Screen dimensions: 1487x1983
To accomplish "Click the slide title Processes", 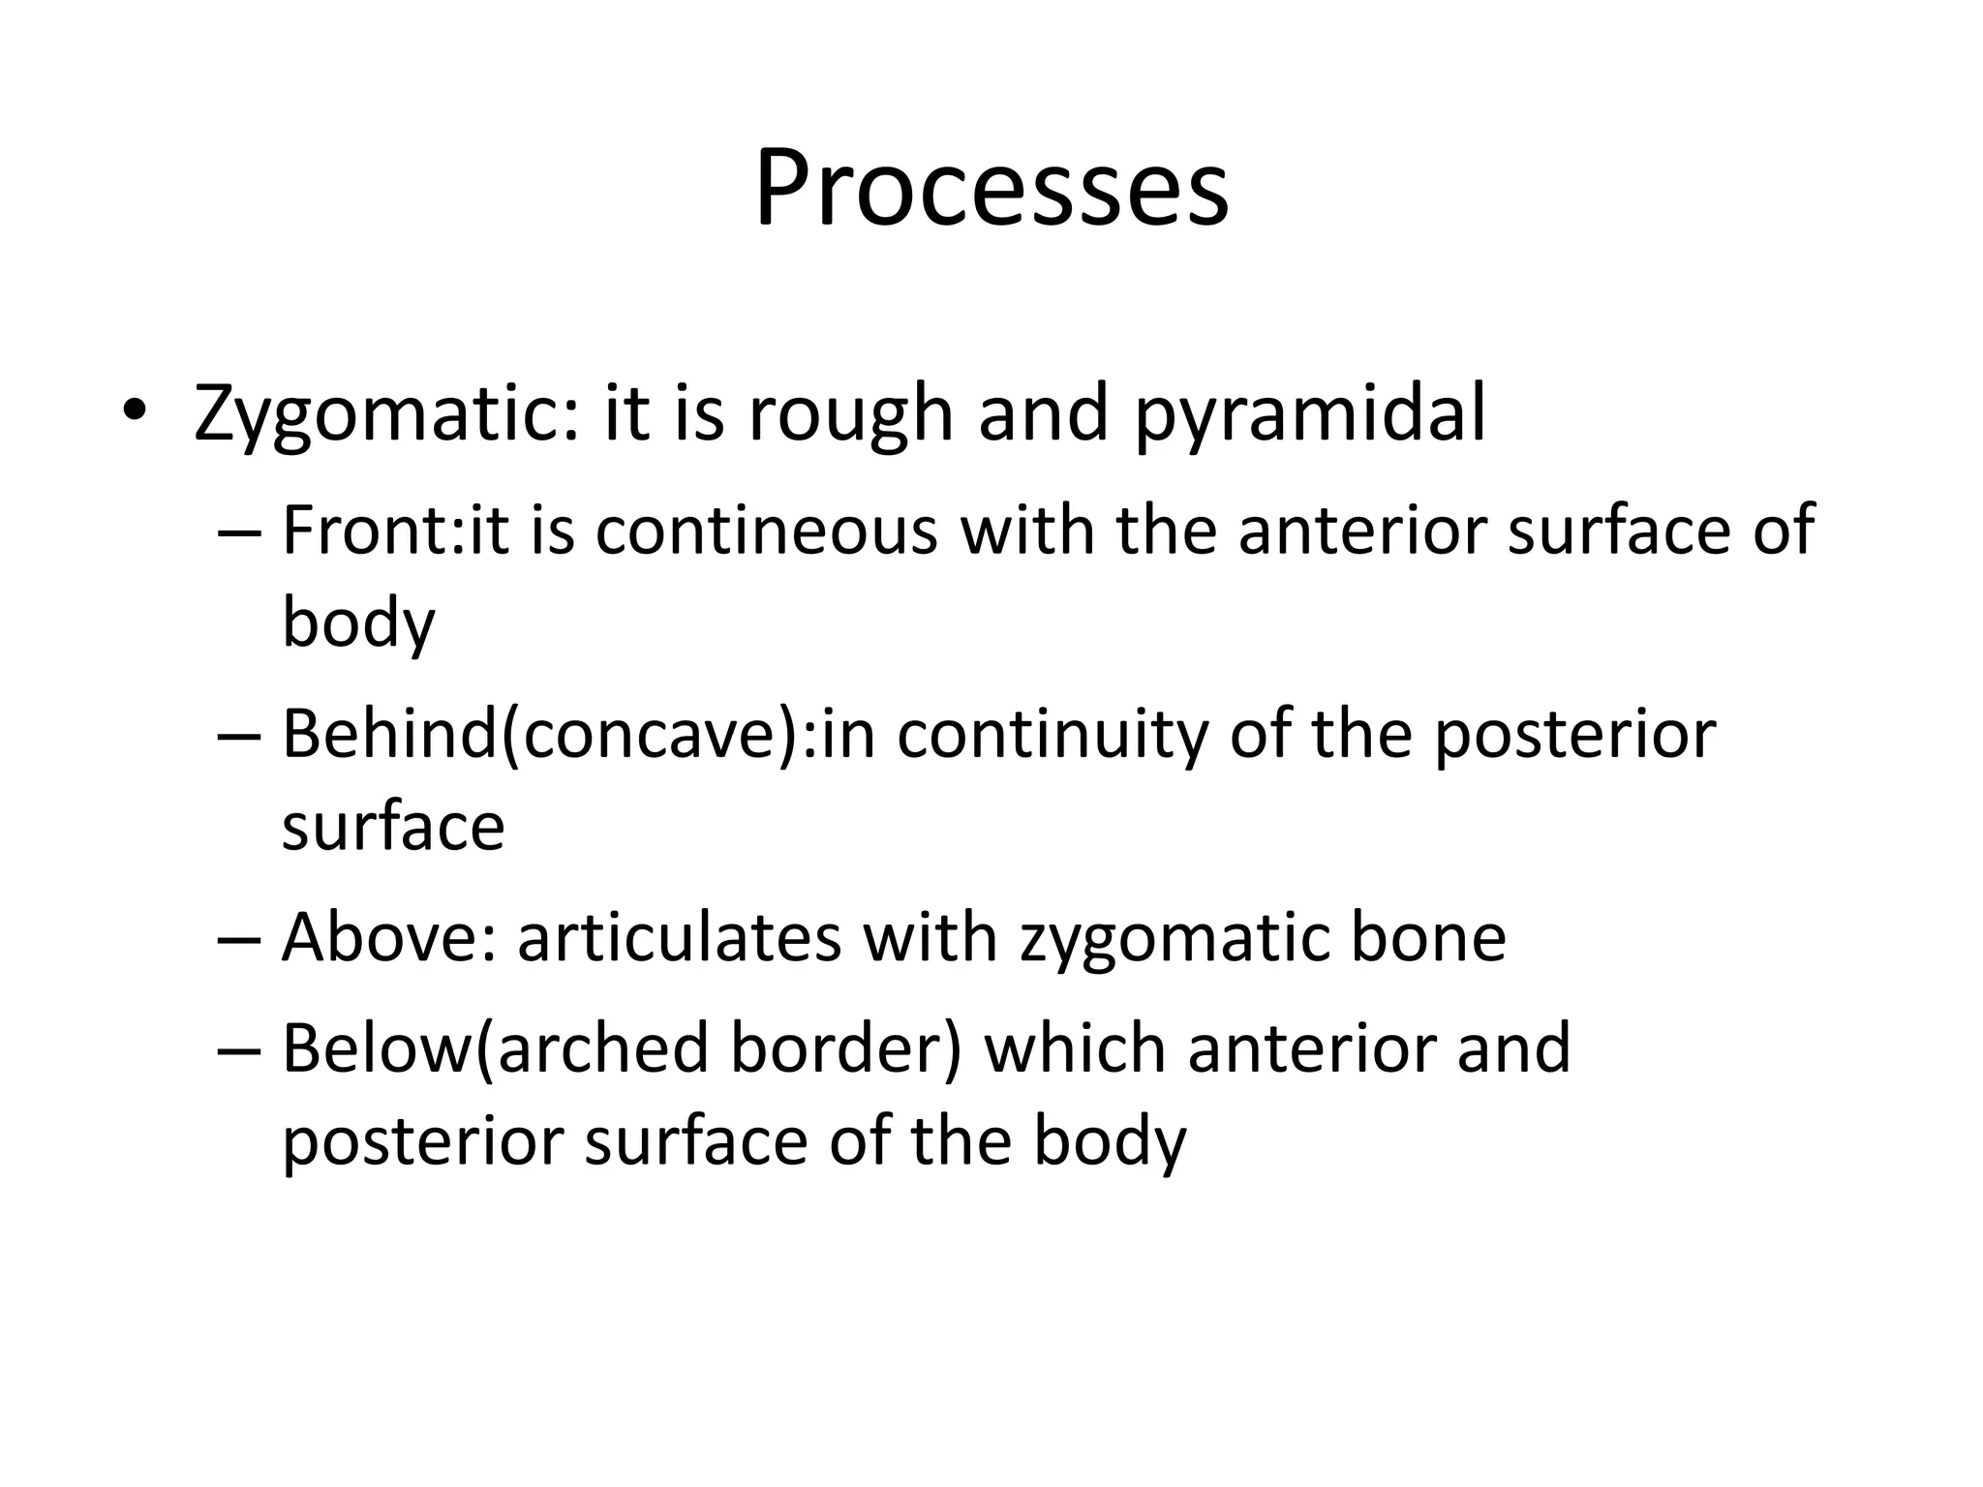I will tap(991, 189).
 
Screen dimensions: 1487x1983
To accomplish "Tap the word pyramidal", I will tap(1309, 414).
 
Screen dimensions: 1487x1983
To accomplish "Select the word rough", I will tap(850, 414).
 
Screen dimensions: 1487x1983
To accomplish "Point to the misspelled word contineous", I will tap(766, 531).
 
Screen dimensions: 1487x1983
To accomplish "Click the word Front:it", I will tap(395, 531).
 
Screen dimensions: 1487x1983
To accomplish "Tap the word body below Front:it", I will tap(358, 623).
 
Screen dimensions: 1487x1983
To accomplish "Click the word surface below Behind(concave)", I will tap(393, 828).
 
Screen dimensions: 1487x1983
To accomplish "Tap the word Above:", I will tap(388, 938).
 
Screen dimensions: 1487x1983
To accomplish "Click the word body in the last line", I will tap(1109, 1142).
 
